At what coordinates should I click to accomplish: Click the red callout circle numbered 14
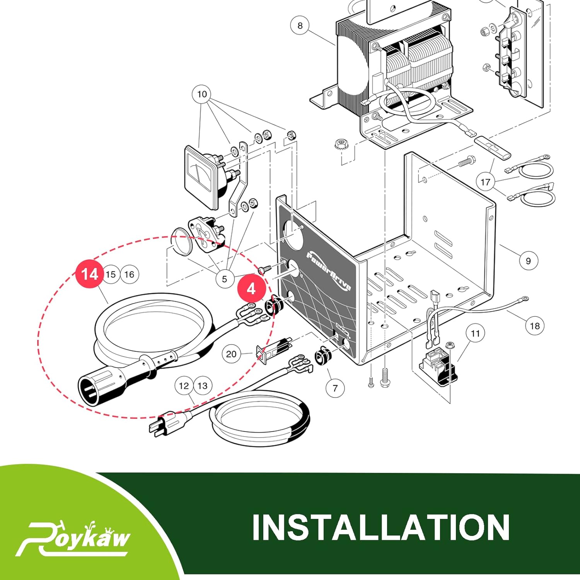click(x=90, y=274)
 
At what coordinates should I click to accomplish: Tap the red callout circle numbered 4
click(x=251, y=288)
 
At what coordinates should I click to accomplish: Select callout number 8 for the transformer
click(x=300, y=26)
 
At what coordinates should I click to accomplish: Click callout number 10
click(x=202, y=94)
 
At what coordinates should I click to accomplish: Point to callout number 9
click(x=528, y=261)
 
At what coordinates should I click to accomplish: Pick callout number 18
click(x=535, y=326)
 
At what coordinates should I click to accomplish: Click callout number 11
click(x=475, y=333)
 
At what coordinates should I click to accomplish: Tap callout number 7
click(x=335, y=388)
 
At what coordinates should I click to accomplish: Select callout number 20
click(x=231, y=354)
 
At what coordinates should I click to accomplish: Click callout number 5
click(x=224, y=279)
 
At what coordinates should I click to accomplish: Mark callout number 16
click(x=129, y=274)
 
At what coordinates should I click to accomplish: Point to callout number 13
click(x=203, y=386)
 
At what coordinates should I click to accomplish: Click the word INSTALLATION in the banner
click(x=381, y=527)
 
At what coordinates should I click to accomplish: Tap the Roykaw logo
click(x=73, y=538)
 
